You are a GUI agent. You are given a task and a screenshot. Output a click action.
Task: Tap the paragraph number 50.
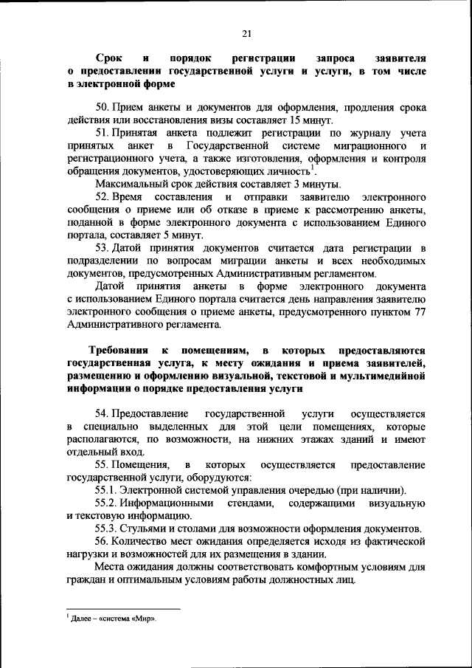pyautogui.click(x=103, y=106)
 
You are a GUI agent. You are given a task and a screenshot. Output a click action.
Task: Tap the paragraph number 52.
pyautogui.click(x=103, y=197)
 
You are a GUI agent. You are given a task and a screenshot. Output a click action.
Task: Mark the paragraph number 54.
pyautogui.click(x=103, y=413)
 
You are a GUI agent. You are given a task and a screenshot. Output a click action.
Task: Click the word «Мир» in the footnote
pyautogui.click(x=145, y=619)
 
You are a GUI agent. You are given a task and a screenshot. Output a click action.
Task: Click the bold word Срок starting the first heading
pyautogui.click(x=108, y=58)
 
